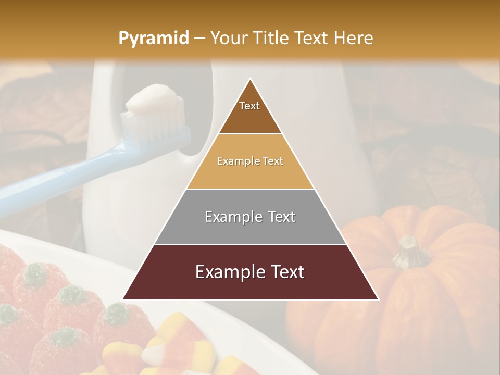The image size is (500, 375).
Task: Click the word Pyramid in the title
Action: pyautogui.click(x=153, y=39)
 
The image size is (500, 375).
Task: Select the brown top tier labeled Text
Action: pyautogui.click(x=250, y=112)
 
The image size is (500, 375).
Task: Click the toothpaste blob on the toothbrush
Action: pyautogui.click(x=151, y=100)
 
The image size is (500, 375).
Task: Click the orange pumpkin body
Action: pyautogui.click(x=417, y=302)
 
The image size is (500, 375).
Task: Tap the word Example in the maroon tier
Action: pyautogui.click(x=225, y=272)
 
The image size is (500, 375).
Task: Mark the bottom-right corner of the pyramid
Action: pyautogui.click(x=379, y=300)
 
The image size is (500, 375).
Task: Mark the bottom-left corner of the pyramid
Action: pyautogui.click(x=122, y=300)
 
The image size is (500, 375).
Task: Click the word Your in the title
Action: pyautogui.click(x=228, y=38)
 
